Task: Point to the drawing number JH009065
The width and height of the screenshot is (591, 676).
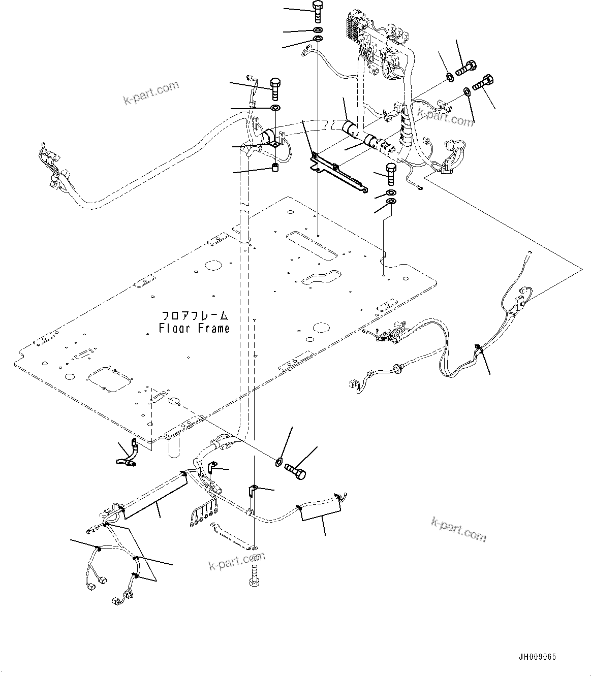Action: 537,657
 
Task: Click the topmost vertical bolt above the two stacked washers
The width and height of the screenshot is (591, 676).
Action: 317,11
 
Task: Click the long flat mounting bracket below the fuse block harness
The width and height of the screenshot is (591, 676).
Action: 338,173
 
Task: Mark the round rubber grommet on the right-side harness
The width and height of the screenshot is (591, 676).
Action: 396,367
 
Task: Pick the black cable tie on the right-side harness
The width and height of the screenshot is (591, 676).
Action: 478,348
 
